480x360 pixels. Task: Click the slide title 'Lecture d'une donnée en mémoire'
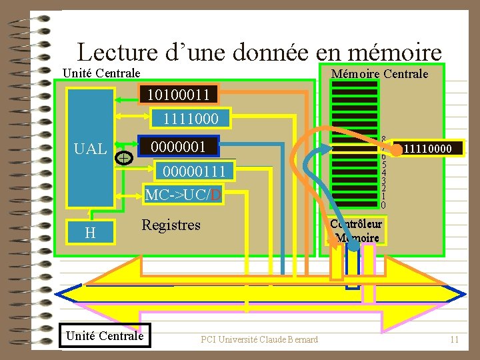[259, 51]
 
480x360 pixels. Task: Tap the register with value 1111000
[191, 119]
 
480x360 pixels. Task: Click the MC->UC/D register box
[183, 195]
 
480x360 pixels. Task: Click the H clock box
[90, 233]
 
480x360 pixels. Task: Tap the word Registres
[171, 225]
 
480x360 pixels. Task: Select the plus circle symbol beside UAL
[124, 157]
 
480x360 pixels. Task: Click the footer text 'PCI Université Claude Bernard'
[259, 340]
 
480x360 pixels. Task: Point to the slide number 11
[455, 340]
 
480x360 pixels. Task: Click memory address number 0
[383, 205]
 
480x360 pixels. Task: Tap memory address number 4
[383, 173]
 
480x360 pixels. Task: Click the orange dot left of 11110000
[396, 151]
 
